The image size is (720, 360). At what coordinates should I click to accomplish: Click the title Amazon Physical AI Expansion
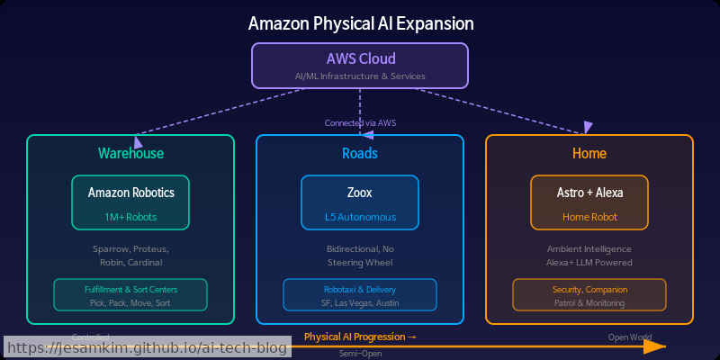click(360, 23)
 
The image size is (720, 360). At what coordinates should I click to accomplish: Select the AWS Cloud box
click(360, 66)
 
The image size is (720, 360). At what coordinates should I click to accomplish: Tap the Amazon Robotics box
click(130, 202)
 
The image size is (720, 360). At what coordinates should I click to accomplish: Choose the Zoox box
click(360, 202)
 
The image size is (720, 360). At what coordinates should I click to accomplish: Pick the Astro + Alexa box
click(589, 202)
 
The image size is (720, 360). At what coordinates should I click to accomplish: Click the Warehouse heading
click(130, 154)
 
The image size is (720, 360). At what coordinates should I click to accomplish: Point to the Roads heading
click(360, 154)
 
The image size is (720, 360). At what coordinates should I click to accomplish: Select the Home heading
click(589, 154)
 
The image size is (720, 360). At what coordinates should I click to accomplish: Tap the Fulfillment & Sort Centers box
click(130, 295)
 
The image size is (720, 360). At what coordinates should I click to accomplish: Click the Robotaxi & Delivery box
click(360, 295)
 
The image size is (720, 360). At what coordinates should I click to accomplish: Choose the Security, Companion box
click(589, 295)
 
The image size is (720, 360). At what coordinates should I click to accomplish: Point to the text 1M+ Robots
click(130, 217)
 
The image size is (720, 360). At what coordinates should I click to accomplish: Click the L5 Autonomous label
click(360, 217)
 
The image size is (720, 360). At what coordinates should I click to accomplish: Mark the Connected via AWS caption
click(360, 123)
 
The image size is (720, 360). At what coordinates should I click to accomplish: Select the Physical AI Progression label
click(360, 337)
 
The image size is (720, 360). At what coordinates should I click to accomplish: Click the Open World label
click(630, 337)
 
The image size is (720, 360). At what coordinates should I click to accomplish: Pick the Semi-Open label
click(360, 354)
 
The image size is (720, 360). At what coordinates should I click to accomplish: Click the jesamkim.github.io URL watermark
click(148, 346)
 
